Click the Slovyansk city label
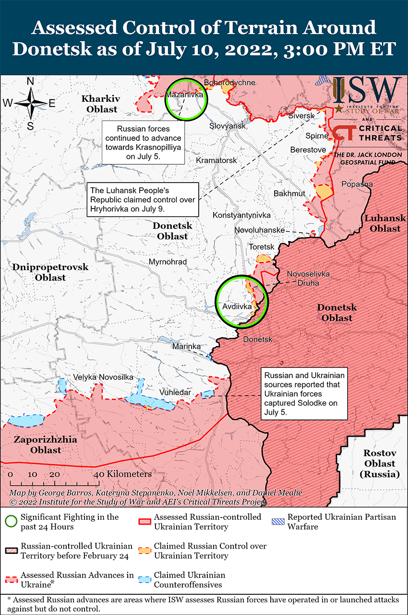(228, 126)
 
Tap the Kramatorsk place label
(216, 160)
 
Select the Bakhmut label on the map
(289, 194)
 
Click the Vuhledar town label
(175, 393)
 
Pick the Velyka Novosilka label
(103, 377)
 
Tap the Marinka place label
(186, 346)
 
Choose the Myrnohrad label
(168, 262)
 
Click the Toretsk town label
(262, 247)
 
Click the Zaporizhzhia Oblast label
(37, 445)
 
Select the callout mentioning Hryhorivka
(143, 199)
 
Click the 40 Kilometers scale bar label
(125, 474)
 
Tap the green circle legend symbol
(12, 521)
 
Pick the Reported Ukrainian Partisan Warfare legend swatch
(277, 521)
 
